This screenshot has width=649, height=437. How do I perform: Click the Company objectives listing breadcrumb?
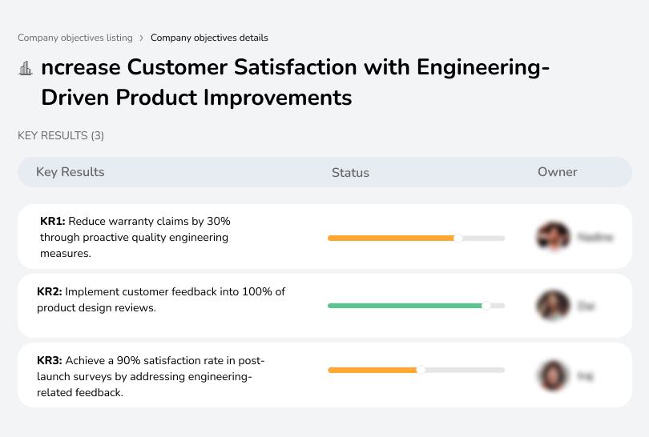tap(75, 38)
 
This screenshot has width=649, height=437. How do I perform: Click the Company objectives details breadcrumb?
tap(209, 38)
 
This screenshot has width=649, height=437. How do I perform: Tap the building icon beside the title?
tap(25, 68)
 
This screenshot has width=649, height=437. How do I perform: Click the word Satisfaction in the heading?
tap(297, 67)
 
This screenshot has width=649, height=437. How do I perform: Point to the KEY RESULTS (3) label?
tap(61, 136)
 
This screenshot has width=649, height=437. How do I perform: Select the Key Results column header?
tap(70, 172)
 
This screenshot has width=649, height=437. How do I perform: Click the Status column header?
tap(350, 172)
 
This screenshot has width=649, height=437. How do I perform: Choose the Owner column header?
tap(557, 172)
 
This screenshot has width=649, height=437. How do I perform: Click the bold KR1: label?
tap(52, 221)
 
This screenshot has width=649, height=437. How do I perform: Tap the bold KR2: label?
tap(50, 292)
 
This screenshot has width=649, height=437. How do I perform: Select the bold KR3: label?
tap(50, 361)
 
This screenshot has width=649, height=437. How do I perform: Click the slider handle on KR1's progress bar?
tap(458, 238)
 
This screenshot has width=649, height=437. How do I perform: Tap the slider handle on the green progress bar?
tap(486, 306)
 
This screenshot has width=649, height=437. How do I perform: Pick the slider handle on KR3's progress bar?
tap(421, 370)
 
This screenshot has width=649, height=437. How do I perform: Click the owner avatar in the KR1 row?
tap(552, 237)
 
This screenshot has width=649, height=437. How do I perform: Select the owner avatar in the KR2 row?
tap(552, 305)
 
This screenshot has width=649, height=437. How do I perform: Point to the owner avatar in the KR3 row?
tap(552, 375)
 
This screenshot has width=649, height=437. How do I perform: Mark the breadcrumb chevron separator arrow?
tap(142, 38)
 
